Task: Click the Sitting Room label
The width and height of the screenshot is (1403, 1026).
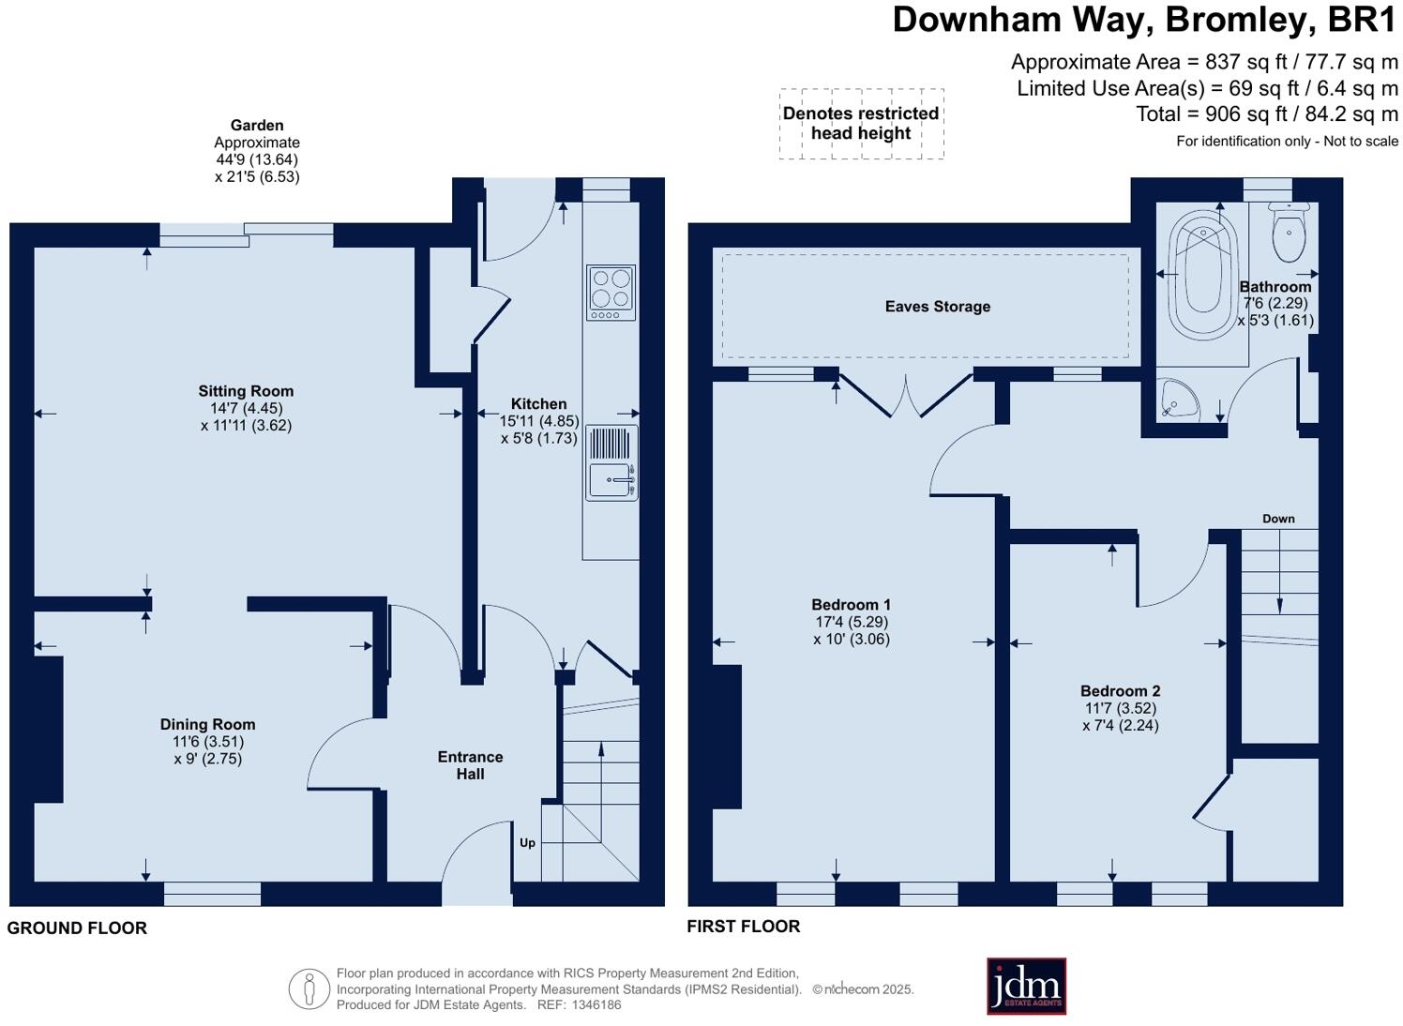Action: point(246,391)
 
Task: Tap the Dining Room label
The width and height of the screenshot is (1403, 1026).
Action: point(207,724)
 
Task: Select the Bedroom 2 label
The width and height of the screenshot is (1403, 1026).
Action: point(1120,691)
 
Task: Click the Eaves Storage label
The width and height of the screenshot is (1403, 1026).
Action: point(938,307)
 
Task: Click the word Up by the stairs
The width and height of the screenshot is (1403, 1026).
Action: point(528,843)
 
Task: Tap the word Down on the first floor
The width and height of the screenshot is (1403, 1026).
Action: point(1278,519)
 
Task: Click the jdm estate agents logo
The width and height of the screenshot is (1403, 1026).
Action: point(1026,986)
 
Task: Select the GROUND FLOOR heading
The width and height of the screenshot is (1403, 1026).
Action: point(77,928)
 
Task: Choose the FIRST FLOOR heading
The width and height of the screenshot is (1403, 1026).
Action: point(744,927)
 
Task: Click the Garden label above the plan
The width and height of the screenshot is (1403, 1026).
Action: point(257,125)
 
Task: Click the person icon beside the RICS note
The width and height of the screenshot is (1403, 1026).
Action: point(309,989)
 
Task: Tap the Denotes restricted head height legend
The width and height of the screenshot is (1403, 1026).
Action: point(861,124)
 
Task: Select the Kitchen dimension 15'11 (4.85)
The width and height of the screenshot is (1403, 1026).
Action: point(538,421)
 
